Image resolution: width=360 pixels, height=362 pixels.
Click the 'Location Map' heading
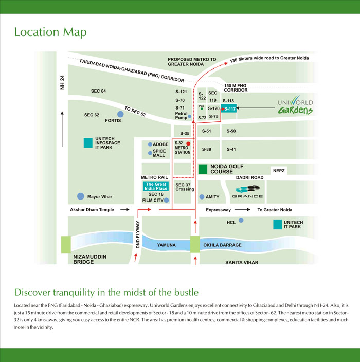click(50, 32)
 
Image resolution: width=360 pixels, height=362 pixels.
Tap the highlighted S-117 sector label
click(229, 108)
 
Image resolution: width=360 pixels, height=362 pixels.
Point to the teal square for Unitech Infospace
click(88, 142)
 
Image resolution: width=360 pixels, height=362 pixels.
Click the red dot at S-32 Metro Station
click(188, 143)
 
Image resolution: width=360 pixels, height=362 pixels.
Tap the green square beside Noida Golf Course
click(203, 168)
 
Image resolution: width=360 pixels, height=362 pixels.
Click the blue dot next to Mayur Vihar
click(80, 196)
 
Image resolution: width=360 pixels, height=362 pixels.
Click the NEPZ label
click(279, 170)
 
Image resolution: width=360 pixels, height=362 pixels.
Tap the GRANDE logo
click(248, 192)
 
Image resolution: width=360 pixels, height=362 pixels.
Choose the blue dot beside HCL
click(241, 220)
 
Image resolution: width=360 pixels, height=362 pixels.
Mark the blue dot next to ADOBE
click(150, 144)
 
